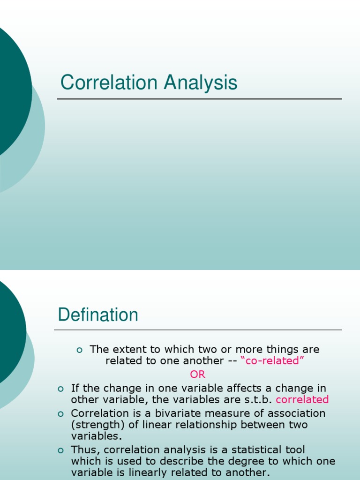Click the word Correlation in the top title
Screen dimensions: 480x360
click(x=108, y=83)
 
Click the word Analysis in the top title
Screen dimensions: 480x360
click(x=200, y=83)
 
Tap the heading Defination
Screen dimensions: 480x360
click(x=98, y=315)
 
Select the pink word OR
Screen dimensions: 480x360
click(x=197, y=375)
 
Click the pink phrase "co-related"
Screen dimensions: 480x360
click(x=272, y=361)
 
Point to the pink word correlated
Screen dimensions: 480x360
click(x=302, y=400)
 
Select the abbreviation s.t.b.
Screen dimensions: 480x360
click(x=259, y=400)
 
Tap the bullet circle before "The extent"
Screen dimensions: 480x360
click(x=79, y=350)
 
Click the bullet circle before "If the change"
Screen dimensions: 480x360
click(x=60, y=389)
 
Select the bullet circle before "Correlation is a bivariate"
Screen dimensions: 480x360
click(x=60, y=414)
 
